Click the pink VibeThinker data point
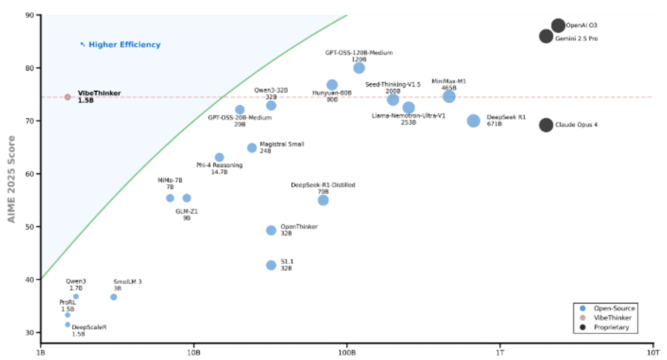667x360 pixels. pyautogui.click(x=67, y=97)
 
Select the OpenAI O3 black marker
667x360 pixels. pyautogui.click(x=558, y=25)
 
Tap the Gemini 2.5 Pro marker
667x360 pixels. pyautogui.click(x=546, y=36)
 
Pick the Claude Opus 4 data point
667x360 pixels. pyautogui.click(x=546, y=125)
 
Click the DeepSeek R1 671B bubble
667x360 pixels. pyautogui.click(x=474, y=121)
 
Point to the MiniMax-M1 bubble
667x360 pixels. pyautogui.click(x=449, y=97)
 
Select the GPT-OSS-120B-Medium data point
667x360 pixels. pyautogui.click(x=359, y=68)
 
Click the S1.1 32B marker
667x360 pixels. pyautogui.click(x=271, y=265)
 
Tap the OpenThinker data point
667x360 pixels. pyautogui.click(x=271, y=230)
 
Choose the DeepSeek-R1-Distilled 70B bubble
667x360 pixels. pyautogui.click(x=323, y=200)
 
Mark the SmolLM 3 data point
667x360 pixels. pyautogui.click(x=113, y=296)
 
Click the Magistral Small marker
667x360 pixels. pyautogui.click(x=252, y=148)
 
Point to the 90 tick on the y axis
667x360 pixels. pyautogui.click(x=30, y=15)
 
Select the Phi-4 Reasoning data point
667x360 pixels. pyautogui.click(x=219, y=158)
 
